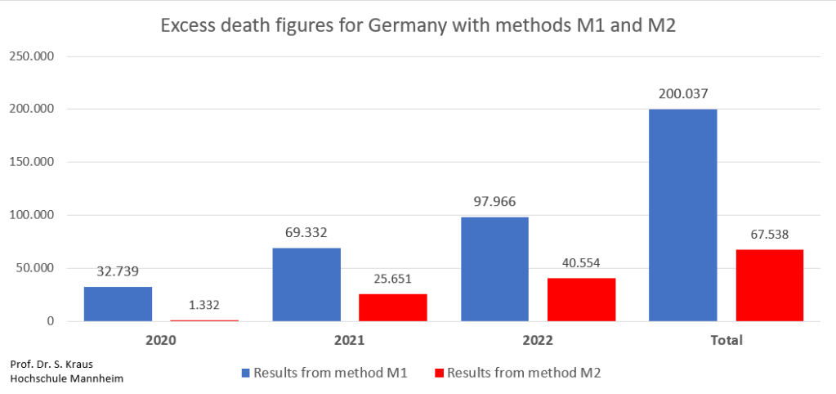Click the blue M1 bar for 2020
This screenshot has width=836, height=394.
pyautogui.click(x=118, y=303)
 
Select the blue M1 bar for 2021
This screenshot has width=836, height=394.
pyautogui.click(x=306, y=284)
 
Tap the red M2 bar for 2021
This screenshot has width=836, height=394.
pyautogui.click(x=393, y=307)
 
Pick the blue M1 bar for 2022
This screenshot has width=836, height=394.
pyautogui.click(x=494, y=269)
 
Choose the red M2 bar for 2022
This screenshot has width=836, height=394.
pyautogui.click(x=581, y=299)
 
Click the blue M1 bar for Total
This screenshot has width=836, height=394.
pyautogui.click(x=683, y=215)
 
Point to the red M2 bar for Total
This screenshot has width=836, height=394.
pyautogui.click(x=770, y=285)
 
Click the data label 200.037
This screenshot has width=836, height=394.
pyautogui.click(x=683, y=93)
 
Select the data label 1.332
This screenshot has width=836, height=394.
pyautogui.click(x=204, y=305)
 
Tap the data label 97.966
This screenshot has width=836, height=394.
pyautogui.click(x=494, y=201)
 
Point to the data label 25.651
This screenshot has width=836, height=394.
pyautogui.click(x=393, y=279)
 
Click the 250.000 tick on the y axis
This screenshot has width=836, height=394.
pyautogui.click(x=31, y=56)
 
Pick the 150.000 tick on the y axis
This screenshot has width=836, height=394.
pyautogui.click(x=31, y=162)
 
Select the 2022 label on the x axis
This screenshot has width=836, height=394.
pyautogui.click(x=538, y=339)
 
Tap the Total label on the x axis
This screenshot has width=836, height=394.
pyautogui.click(x=726, y=339)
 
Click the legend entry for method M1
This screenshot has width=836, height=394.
pyautogui.click(x=324, y=373)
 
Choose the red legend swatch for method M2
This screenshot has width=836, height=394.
pyautogui.click(x=438, y=373)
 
